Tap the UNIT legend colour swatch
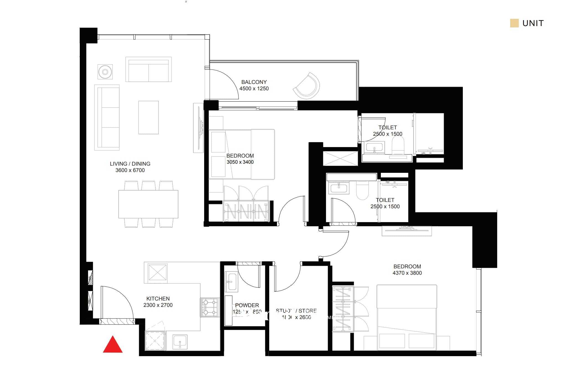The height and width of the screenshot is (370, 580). click(514, 23)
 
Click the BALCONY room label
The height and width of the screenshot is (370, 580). click(254, 82)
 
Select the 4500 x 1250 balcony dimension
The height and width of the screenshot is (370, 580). click(254, 89)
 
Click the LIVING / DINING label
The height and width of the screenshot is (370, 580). click(130, 164)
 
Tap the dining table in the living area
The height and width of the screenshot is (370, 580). click(148, 204)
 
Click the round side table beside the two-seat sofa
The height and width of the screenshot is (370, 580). click(105, 72)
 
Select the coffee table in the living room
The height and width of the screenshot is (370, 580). click(148, 117)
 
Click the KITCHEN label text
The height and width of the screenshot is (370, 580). click(158, 299)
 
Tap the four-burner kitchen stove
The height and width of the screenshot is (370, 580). click(210, 307)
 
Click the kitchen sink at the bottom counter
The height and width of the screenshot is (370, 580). click(180, 342)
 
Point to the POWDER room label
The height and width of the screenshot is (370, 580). click(247, 305)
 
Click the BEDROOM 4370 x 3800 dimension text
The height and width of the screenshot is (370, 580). click(407, 273)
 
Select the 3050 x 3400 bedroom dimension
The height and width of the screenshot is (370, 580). click(240, 162)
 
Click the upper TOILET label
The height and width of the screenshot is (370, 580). click(387, 128)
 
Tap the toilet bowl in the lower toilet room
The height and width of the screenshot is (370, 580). click(362, 190)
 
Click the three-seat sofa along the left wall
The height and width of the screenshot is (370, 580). click(107, 117)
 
